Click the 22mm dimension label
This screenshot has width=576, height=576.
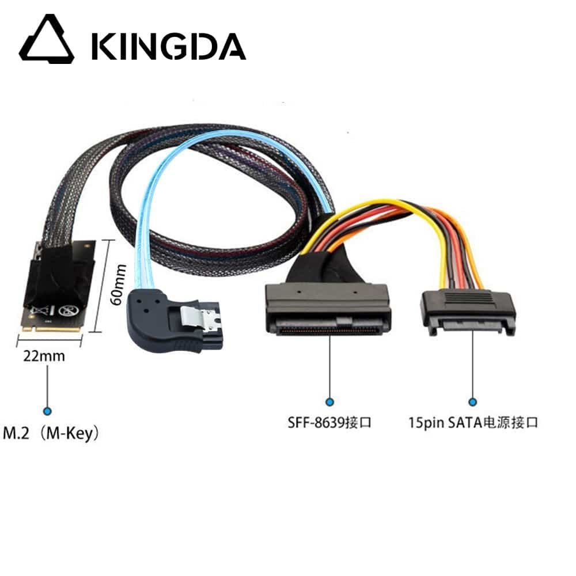click(x=44, y=356)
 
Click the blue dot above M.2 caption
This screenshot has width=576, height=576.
click(x=48, y=411)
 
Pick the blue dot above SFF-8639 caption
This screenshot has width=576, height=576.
click(x=329, y=402)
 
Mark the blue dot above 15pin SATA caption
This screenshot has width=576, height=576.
click(x=473, y=402)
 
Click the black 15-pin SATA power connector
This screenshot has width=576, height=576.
click(x=468, y=311)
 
